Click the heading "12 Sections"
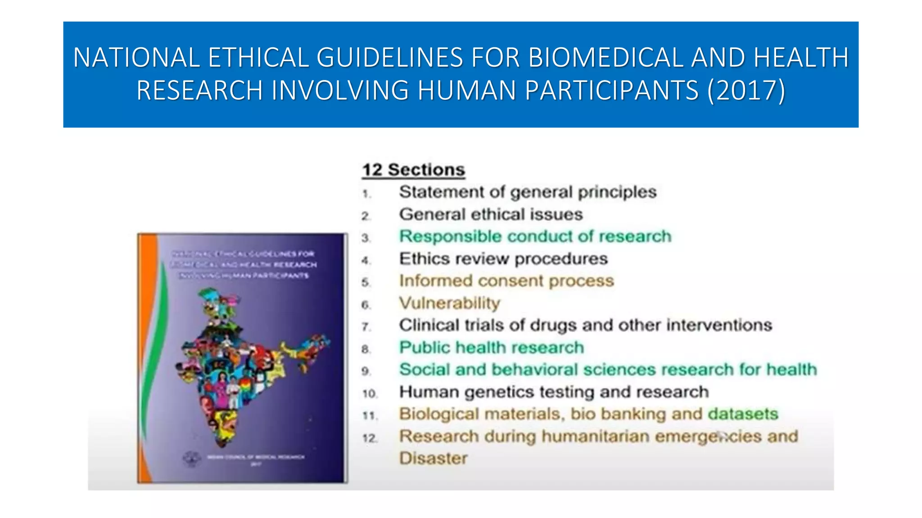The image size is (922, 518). (413, 170)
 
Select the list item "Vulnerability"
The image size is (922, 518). (449, 303)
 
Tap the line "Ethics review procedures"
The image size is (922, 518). (503, 259)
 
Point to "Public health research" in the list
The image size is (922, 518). (491, 348)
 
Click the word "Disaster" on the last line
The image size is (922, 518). (433, 458)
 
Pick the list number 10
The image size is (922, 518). (370, 394)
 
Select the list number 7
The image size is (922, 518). (366, 327)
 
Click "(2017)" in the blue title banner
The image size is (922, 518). (746, 90)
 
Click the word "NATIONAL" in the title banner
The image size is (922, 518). (136, 58)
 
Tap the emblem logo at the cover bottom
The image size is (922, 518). (191, 459)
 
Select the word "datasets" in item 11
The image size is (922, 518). (743, 414)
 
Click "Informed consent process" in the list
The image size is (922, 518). (506, 281)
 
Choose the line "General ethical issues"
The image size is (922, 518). (491, 214)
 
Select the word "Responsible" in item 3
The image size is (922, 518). (450, 237)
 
